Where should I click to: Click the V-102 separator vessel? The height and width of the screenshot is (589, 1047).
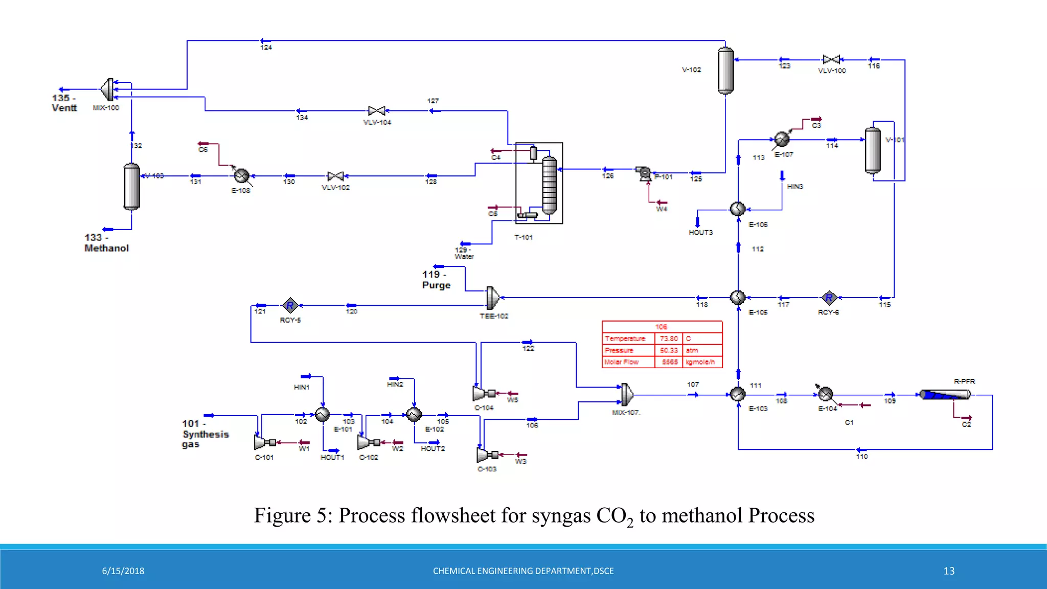(x=725, y=71)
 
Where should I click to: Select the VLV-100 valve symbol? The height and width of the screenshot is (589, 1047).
(x=831, y=59)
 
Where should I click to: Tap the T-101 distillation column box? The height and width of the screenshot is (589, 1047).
(x=539, y=183)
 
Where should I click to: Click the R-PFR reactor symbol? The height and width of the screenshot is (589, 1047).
(x=945, y=395)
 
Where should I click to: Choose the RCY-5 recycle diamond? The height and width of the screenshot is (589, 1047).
(x=290, y=306)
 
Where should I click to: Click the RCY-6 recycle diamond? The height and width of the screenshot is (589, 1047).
(x=829, y=298)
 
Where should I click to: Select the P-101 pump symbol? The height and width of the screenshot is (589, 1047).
(x=644, y=173)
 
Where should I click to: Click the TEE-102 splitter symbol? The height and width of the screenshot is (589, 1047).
(x=493, y=298)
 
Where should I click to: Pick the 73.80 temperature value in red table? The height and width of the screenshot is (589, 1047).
(x=669, y=338)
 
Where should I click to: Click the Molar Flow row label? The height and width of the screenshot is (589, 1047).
(x=621, y=362)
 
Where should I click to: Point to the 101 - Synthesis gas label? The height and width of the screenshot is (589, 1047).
(x=205, y=434)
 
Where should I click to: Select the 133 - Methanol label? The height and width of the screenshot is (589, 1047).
(x=106, y=243)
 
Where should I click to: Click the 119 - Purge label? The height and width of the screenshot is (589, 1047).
(x=436, y=280)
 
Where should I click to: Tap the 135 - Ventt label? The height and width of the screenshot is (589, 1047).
(x=64, y=103)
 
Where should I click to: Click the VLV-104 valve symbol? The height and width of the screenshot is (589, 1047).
(x=377, y=111)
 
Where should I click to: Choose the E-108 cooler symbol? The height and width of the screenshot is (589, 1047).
(x=241, y=176)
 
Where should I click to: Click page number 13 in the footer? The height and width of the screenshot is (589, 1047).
(x=949, y=571)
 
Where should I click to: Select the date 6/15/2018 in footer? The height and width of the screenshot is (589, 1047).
(x=123, y=571)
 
